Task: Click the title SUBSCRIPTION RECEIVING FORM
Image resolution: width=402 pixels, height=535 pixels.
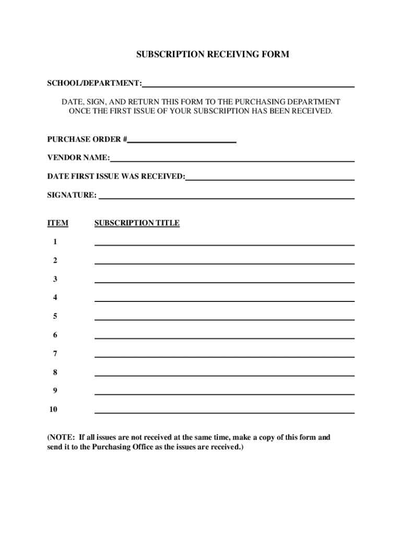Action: (x=212, y=54)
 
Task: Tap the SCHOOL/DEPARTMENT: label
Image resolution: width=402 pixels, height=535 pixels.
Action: (x=94, y=83)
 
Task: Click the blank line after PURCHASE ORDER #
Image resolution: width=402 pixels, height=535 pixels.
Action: (x=182, y=141)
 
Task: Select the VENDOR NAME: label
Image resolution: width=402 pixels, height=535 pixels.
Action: (x=78, y=158)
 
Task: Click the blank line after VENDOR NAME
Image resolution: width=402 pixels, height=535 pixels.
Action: (x=232, y=160)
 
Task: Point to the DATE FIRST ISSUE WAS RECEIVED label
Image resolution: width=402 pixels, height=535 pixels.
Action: (x=116, y=177)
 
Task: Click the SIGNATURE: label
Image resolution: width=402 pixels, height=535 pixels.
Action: (x=72, y=195)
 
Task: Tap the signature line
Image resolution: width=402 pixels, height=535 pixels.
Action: (x=227, y=197)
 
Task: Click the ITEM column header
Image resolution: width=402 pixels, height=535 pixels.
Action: (x=57, y=223)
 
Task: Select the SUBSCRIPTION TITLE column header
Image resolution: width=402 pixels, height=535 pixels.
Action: (x=137, y=223)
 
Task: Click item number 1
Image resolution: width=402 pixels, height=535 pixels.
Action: (x=55, y=242)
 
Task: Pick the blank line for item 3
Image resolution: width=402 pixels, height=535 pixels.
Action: (x=224, y=282)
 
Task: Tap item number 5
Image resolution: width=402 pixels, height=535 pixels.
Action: (x=55, y=316)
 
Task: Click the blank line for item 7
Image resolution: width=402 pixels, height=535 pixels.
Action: (x=224, y=356)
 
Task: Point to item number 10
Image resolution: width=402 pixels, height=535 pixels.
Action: (x=53, y=409)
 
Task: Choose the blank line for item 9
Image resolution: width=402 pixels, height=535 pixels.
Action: (x=224, y=393)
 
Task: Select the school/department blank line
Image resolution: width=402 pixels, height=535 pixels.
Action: (x=249, y=86)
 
